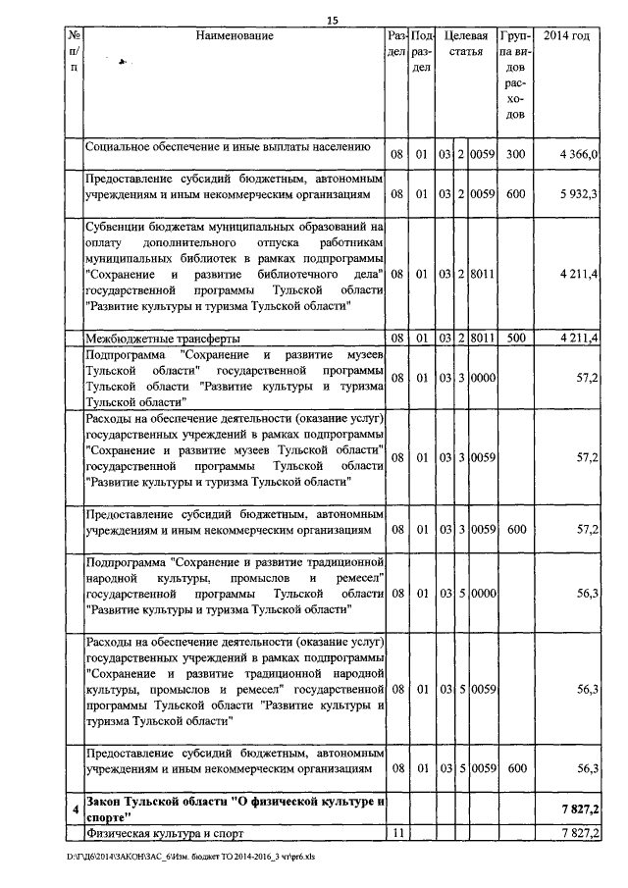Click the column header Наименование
[235, 37]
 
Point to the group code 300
[516, 154]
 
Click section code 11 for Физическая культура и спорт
[396, 833]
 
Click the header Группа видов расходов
[516, 76]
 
